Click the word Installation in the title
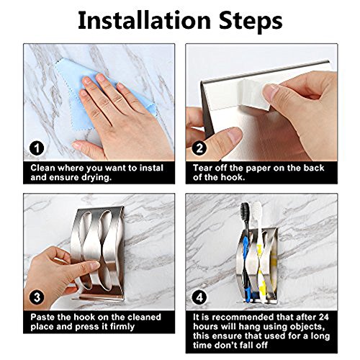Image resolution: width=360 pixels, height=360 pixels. coord(145,20)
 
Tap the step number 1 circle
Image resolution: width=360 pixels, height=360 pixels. coord(37,148)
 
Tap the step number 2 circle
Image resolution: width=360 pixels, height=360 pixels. coord(199,148)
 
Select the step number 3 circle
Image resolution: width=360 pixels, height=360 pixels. coord(37,297)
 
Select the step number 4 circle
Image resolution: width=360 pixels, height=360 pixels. coord(199,297)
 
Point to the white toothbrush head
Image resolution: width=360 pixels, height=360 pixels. coord(257,211)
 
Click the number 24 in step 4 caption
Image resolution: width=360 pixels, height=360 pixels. coord(323,317)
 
